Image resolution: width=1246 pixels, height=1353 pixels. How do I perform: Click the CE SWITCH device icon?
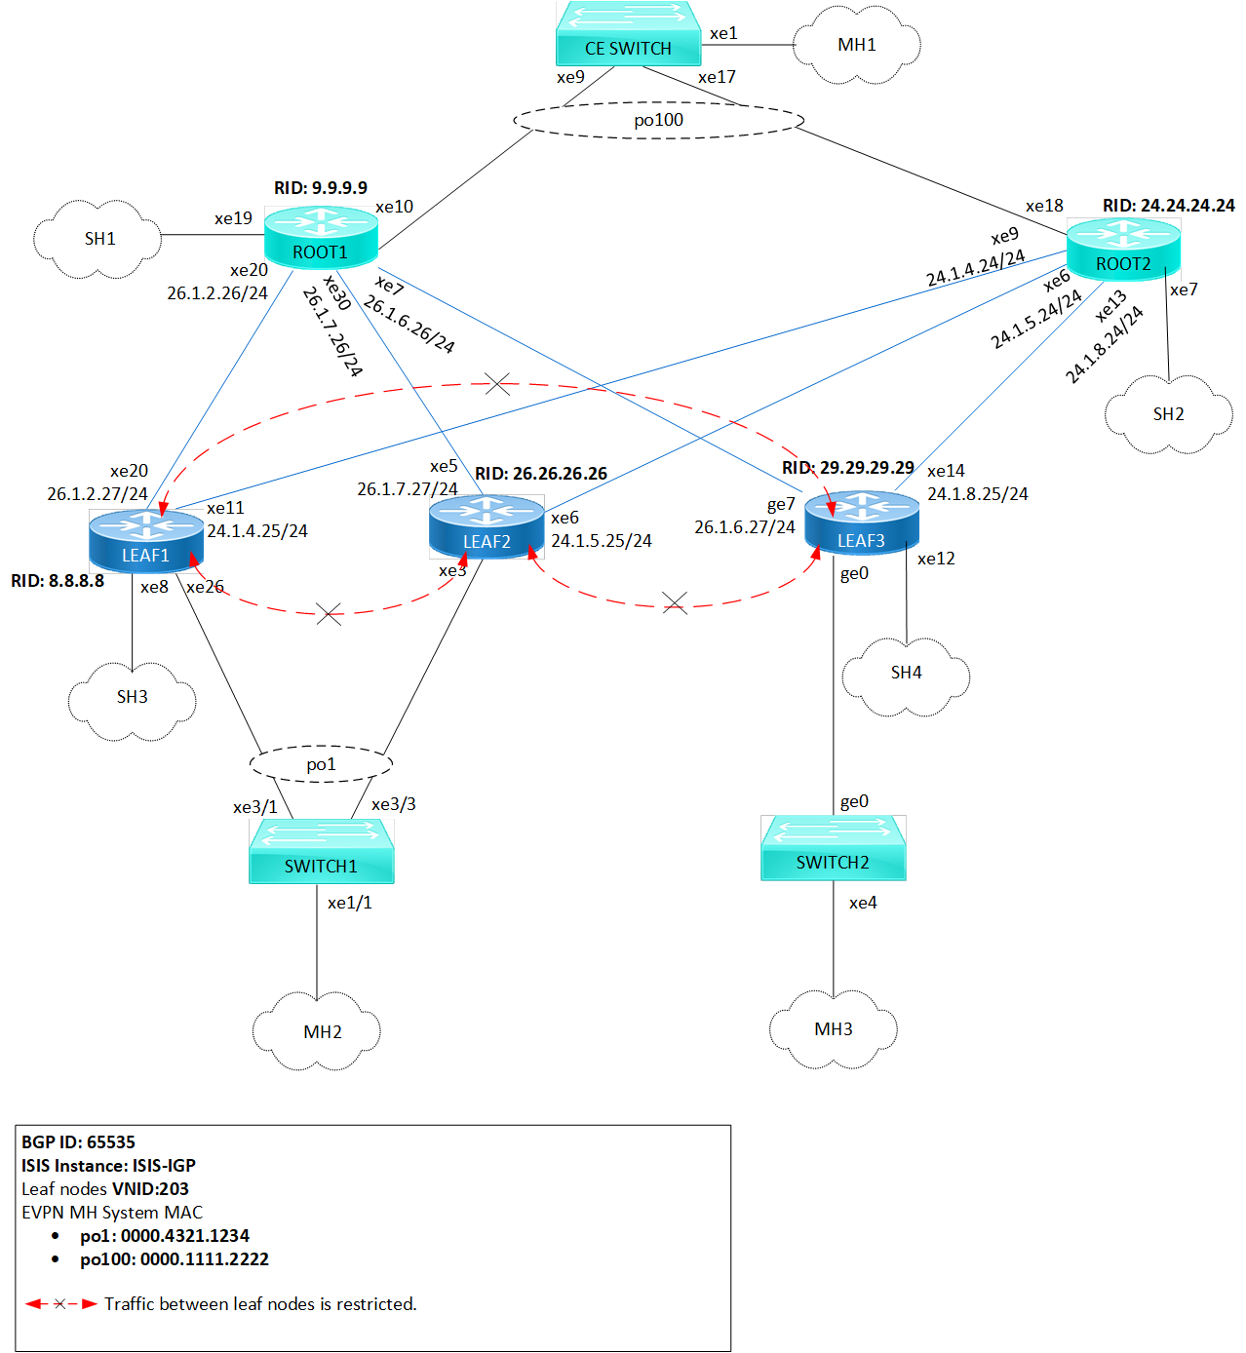[628, 34]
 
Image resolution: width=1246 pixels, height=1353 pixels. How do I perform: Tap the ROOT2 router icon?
[1123, 250]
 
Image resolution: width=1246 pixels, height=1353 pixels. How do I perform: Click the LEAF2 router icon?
[487, 527]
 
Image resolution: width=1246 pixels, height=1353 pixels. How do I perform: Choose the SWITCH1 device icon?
[322, 851]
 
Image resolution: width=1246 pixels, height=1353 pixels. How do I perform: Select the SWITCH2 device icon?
[834, 848]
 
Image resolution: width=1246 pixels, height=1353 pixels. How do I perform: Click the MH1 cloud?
[857, 45]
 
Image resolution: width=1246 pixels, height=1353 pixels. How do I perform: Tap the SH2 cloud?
[1168, 414]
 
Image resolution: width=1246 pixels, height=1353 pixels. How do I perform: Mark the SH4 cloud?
[906, 673]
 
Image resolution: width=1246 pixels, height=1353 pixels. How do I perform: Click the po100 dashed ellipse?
[659, 120]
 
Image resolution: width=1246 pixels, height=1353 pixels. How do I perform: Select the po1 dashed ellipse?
[321, 764]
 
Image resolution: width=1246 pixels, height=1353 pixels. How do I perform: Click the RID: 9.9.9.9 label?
[321, 188]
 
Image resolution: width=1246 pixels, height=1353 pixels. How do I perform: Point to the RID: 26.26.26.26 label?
[541, 474]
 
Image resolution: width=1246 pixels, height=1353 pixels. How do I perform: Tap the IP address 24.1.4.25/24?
[257, 531]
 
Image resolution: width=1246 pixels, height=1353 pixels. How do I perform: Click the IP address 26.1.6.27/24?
[745, 527]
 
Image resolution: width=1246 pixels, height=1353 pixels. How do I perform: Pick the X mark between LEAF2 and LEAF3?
[675, 603]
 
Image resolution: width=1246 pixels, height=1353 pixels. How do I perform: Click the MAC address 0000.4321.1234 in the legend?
[185, 1236]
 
